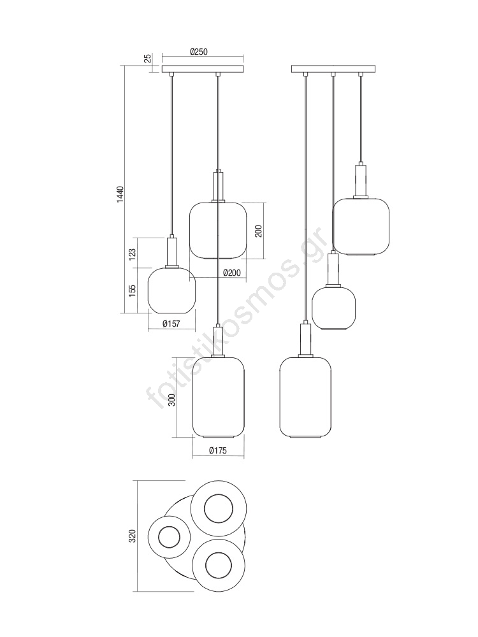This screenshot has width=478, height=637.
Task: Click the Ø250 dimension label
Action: coord(198,52)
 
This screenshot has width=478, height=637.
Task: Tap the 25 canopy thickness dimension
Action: coord(148,58)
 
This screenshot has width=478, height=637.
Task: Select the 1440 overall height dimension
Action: coord(120,194)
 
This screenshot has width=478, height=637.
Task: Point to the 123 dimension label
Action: coord(132,254)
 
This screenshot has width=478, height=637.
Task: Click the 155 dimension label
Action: coord(132,290)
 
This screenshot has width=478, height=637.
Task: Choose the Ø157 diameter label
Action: coord(171,324)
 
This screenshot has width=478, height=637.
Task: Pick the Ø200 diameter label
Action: coord(232,273)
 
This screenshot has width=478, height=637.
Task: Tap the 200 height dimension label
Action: coord(259,231)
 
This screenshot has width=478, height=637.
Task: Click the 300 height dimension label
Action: coord(172,401)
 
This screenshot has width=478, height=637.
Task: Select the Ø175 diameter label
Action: coord(218,450)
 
